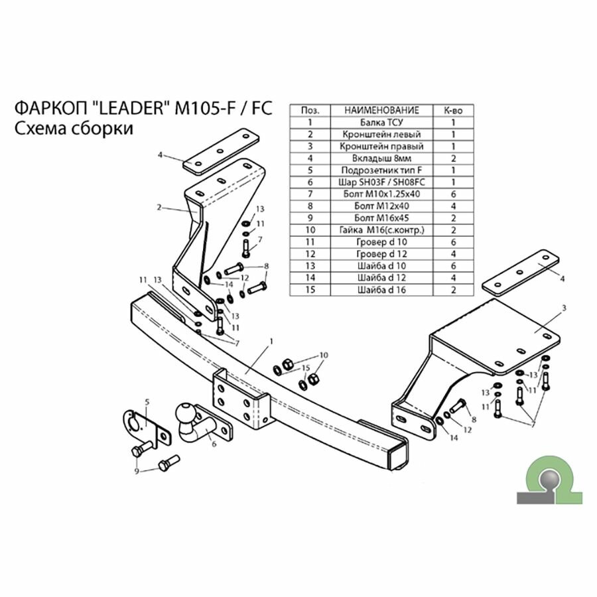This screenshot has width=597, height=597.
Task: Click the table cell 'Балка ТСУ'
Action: pyautogui.click(x=381, y=123)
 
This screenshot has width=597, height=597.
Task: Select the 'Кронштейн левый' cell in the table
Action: pyautogui.click(x=381, y=134)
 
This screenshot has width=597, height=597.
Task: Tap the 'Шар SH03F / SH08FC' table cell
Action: pyautogui.click(x=381, y=181)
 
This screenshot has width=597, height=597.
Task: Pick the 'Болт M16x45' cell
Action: pyautogui.click(x=381, y=217)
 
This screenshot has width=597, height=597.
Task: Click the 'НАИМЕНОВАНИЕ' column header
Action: pyautogui.click(x=381, y=110)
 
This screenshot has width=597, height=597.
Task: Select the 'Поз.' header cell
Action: pyautogui.click(x=309, y=110)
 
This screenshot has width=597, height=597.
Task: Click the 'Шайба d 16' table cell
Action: pyautogui.click(x=381, y=289)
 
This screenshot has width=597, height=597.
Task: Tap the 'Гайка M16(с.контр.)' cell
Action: pyautogui.click(x=381, y=230)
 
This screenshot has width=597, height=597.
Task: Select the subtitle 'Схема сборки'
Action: pyautogui.click(x=73, y=128)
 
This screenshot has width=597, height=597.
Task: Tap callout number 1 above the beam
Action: pyautogui.click(x=271, y=341)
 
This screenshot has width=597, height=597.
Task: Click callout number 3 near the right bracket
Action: pyautogui.click(x=563, y=308)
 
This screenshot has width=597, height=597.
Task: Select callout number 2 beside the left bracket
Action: pyautogui.click(x=159, y=207)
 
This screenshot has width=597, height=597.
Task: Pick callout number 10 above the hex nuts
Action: pyautogui.click(x=324, y=355)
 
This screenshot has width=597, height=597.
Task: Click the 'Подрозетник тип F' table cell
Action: pyautogui.click(x=381, y=170)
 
